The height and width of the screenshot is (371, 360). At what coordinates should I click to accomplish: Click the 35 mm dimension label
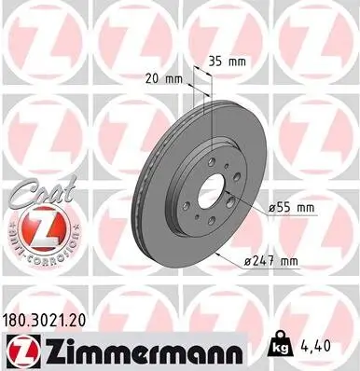tap(226, 61)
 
